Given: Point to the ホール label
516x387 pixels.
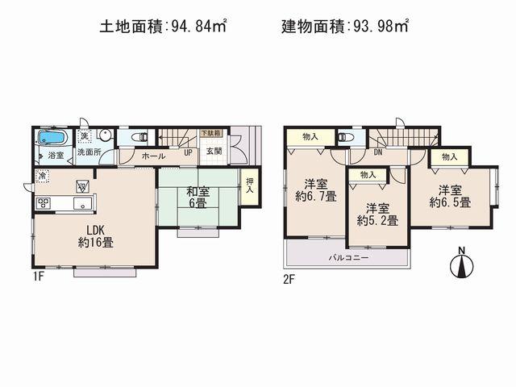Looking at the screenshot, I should [x=154, y=156].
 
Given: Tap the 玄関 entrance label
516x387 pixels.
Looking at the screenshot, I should [x=214, y=152].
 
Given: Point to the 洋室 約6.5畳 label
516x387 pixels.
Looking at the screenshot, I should [x=450, y=196].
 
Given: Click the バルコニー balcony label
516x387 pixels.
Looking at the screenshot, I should [x=347, y=258].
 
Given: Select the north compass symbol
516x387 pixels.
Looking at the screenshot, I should [x=461, y=264].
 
